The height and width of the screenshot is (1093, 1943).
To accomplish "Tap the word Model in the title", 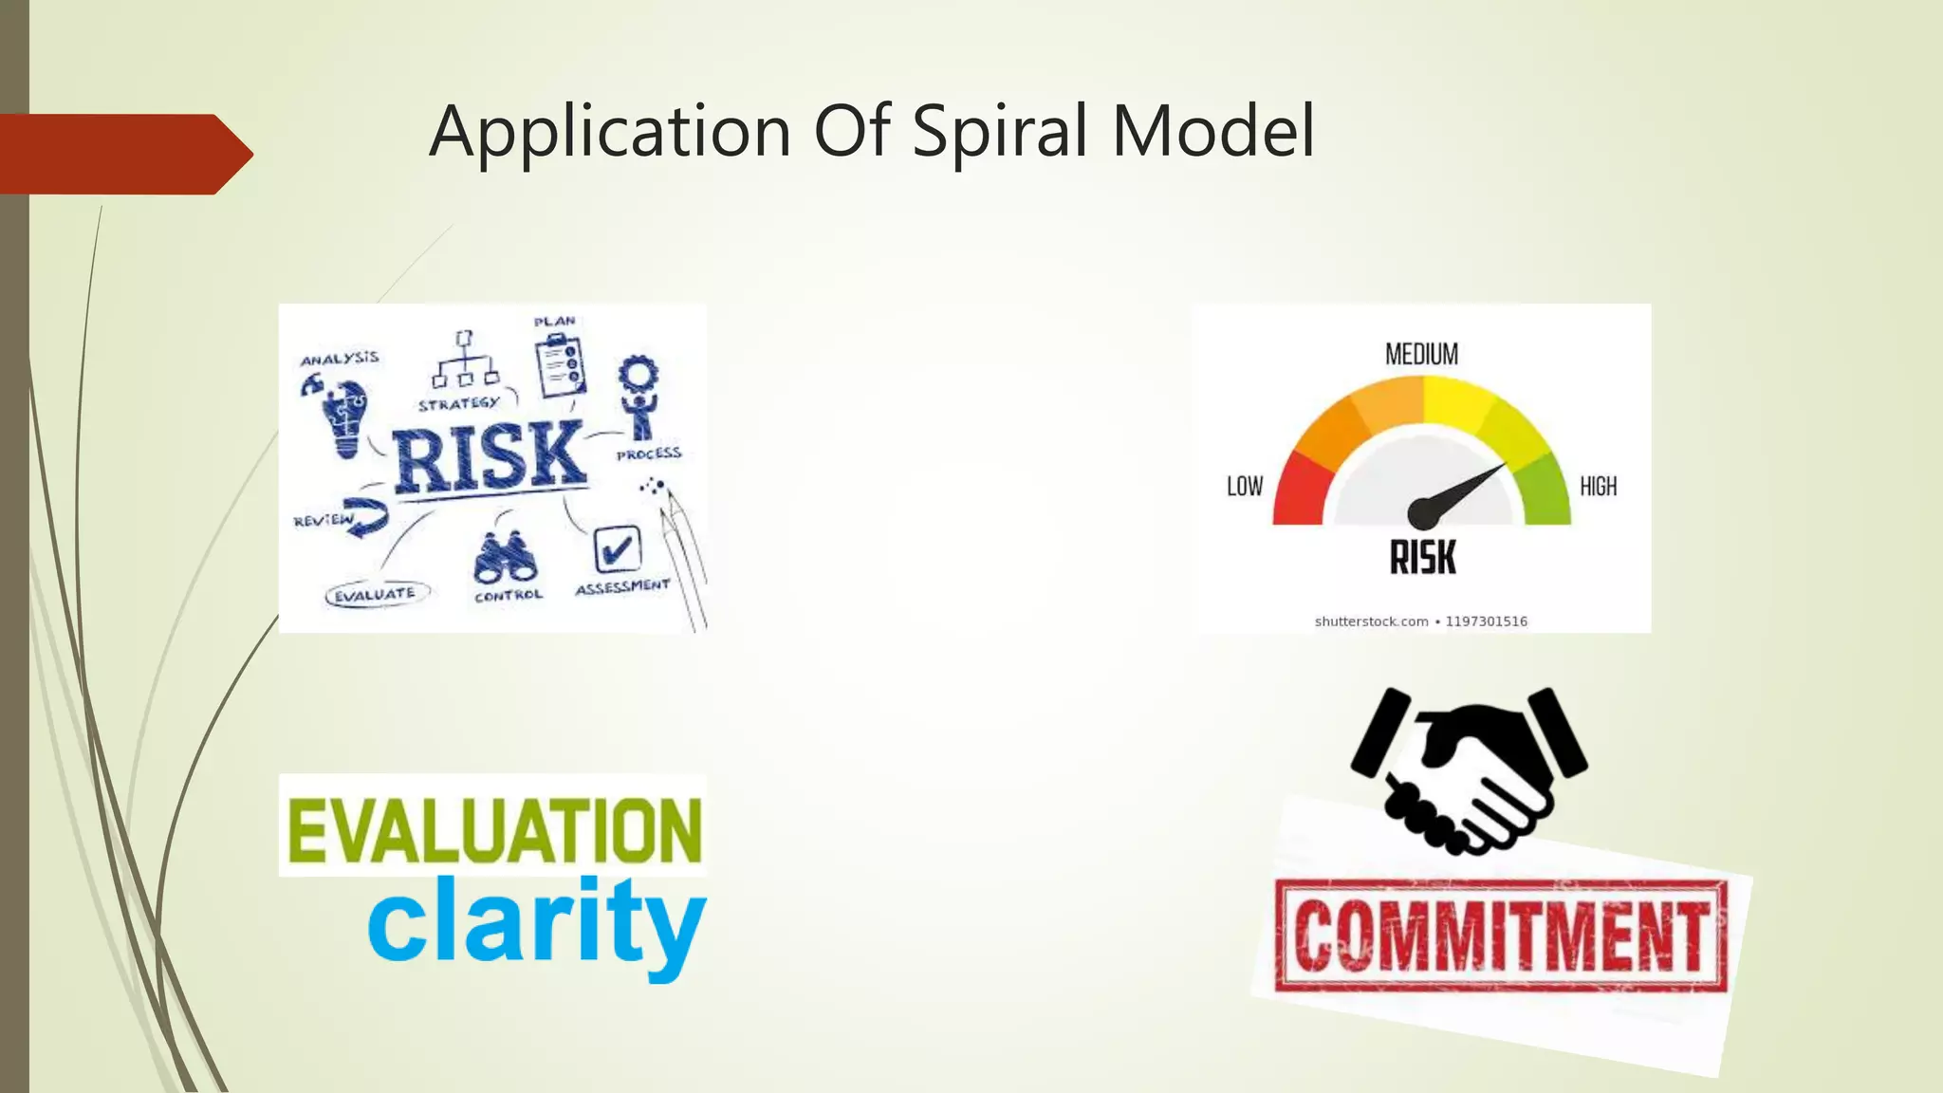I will (1213, 131).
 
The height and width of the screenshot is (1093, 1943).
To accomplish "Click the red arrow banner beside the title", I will (123, 154).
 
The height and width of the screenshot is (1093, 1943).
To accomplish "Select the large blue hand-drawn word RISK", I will (490, 457).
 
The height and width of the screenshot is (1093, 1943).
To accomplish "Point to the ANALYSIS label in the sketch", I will (339, 359).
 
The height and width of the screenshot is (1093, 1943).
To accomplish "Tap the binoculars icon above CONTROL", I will (506, 558).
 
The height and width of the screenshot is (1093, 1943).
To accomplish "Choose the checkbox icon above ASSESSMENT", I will (617, 548).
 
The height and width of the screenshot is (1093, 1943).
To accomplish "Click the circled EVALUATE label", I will (376, 595).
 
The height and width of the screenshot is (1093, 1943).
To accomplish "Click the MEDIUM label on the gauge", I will (1421, 355).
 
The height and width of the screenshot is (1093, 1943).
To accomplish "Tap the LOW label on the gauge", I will (1245, 487).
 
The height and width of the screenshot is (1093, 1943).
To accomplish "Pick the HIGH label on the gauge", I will (1598, 487).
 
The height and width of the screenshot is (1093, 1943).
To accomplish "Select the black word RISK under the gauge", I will (1422, 557).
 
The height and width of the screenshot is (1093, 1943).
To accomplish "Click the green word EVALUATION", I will (493, 830).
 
